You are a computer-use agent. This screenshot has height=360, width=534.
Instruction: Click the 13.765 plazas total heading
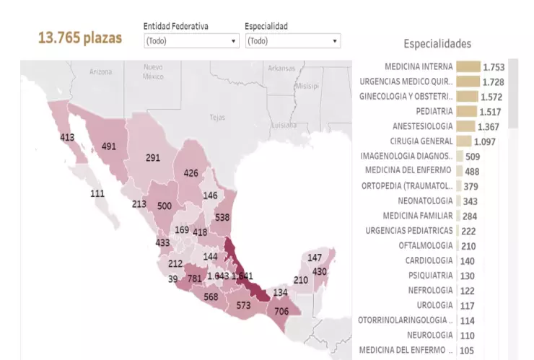[x=80, y=38]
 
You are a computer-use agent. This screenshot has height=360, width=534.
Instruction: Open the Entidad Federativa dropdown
[x=191, y=41]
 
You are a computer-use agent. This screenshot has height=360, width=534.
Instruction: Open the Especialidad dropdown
[x=292, y=41]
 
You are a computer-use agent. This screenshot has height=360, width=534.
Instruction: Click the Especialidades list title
[x=437, y=44]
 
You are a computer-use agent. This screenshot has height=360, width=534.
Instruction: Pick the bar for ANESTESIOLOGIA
[x=465, y=126]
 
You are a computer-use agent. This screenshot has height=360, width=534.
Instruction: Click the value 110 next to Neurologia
[x=468, y=335]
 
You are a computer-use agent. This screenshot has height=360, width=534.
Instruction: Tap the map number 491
[x=109, y=146]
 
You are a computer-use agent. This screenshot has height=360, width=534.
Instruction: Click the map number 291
[x=153, y=157]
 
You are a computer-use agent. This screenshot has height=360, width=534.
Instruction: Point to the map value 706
[x=281, y=312]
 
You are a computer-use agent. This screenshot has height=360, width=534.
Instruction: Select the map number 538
[x=222, y=217]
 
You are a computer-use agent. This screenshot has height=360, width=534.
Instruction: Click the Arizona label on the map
[x=101, y=72]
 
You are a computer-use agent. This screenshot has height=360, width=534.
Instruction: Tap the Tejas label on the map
[x=216, y=117]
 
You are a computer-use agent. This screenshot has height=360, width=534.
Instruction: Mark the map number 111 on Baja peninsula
[x=97, y=193]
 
